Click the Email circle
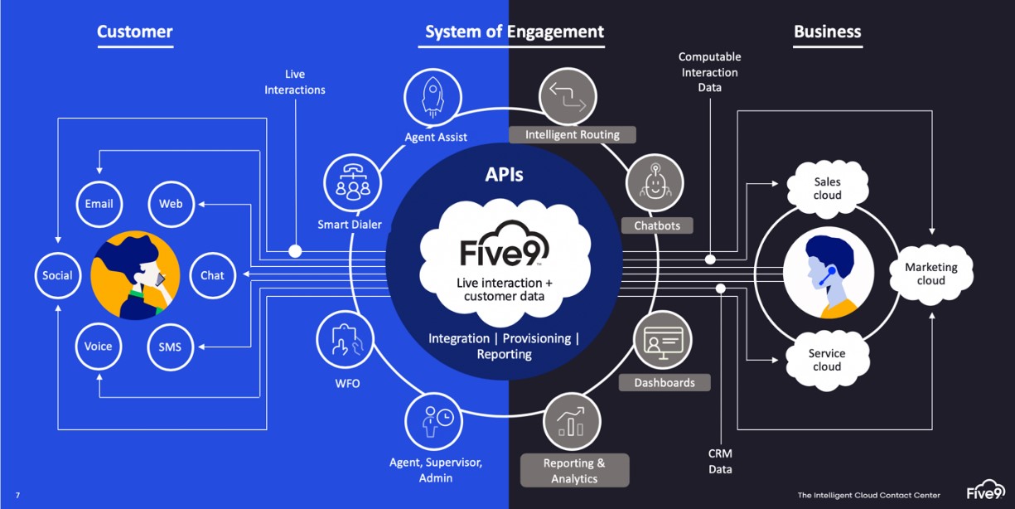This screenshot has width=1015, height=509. coord(99,204)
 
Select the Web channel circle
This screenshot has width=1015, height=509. coord(171,204)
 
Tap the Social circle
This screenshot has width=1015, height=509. coord(57,275)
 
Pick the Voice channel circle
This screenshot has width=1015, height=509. coord(98,347)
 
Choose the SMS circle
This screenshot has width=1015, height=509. coord(170,347)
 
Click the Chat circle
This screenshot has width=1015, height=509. coord(212,275)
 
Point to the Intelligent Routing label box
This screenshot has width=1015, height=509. coord(572,134)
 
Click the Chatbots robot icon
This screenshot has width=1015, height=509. coord(655,183)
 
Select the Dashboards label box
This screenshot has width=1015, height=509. coord(665,382)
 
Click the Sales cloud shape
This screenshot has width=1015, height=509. coord(826,188)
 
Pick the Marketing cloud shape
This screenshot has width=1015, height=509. coord(930,274)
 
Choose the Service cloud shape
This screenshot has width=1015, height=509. coord(826,360)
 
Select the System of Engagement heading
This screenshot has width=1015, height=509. coord(515,32)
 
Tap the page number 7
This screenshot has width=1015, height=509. coord(17,496)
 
